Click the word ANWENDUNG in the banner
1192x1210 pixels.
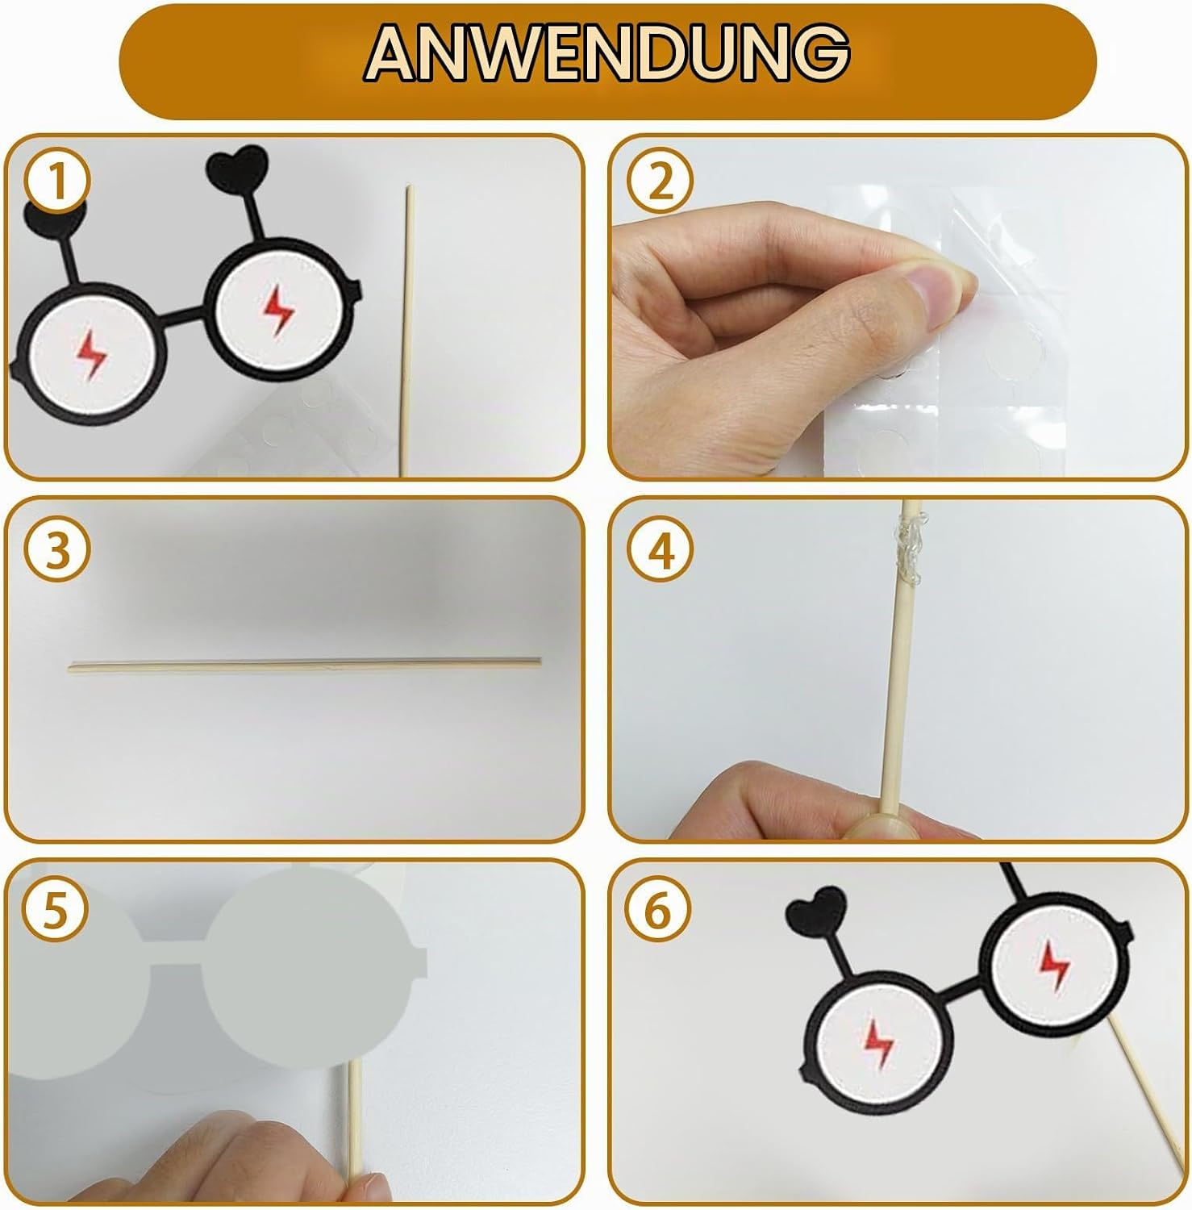pyautogui.click(x=607, y=52)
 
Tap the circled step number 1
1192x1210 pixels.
pyautogui.click(x=57, y=182)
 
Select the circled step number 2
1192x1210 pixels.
pyautogui.click(x=661, y=182)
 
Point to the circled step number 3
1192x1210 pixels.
pyautogui.click(x=57, y=551)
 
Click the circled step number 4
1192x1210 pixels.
pyautogui.click(x=661, y=551)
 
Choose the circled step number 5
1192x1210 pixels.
pyautogui.click(x=56, y=912)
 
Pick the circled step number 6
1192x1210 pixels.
pyautogui.click(x=659, y=912)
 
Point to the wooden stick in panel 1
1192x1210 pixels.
pyautogui.click(x=407, y=331)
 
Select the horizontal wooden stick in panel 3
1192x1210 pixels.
pyautogui.click(x=305, y=663)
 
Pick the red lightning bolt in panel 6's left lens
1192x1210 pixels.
pyautogui.click(x=878, y=1040)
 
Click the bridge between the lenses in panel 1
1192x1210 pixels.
pyautogui.click(x=187, y=321)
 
